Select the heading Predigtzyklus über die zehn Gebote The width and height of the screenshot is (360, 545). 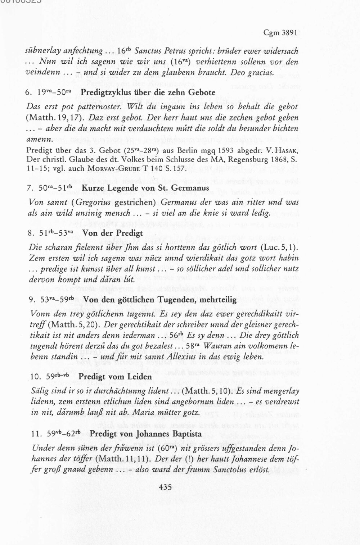coord(148,92)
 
